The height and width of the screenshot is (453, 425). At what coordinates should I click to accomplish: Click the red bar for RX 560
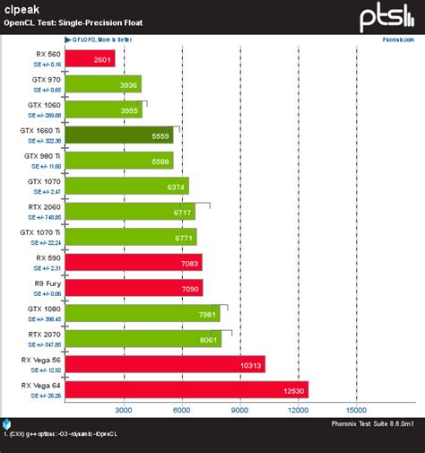click(x=90, y=58)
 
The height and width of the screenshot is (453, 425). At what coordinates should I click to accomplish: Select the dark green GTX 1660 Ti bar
click(x=122, y=135)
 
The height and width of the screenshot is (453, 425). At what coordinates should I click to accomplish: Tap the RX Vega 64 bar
click(x=186, y=389)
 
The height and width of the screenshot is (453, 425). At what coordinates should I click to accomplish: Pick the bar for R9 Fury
click(x=134, y=288)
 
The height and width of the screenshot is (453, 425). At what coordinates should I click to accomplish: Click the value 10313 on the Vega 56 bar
click(x=249, y=364)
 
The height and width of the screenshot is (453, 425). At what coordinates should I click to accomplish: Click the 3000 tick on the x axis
click(x=124, y=410)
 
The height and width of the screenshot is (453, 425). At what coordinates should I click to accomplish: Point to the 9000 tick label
click(x=240, y=410)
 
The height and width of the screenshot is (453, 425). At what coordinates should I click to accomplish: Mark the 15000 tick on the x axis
click(x=356, y=410)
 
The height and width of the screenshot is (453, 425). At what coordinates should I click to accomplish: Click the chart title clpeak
click(x=19, y=7)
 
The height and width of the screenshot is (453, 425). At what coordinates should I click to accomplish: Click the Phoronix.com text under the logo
click(x=400, y=39)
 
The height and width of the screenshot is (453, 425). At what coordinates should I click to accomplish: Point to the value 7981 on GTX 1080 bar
click(x=208, y=313)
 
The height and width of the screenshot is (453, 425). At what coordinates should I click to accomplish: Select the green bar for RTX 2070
click(x=143, y=338)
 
